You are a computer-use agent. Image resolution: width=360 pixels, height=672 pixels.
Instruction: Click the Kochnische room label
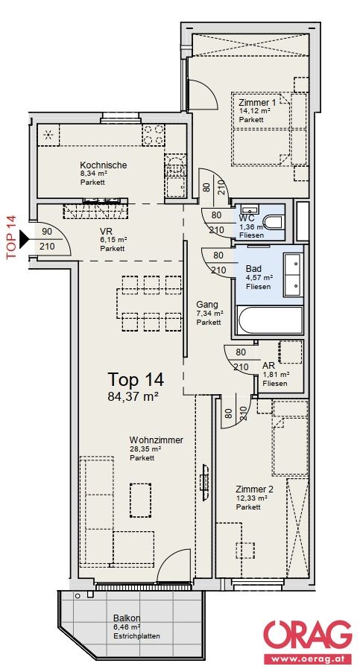click(104, 165)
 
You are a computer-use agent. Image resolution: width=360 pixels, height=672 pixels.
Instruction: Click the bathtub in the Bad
click(271, 320)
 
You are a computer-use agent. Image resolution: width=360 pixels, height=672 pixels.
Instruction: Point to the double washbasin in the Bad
click(293, 275)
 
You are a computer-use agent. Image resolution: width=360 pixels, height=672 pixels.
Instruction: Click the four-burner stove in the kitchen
click(153, 135)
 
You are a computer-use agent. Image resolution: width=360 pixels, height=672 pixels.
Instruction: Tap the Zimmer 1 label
click(257, 102)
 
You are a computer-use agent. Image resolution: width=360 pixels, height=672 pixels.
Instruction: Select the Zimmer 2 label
click(254, 489)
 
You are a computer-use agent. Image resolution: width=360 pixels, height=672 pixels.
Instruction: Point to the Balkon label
click(127, 618)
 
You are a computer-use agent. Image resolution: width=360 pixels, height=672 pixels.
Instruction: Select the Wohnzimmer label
click(157, 440)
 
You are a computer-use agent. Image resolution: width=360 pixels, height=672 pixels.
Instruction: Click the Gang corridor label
click(207, 305)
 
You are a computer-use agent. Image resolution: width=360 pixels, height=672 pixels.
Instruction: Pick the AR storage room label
click(268, 367)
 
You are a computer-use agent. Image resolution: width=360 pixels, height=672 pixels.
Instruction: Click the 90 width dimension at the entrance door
click(47, 232)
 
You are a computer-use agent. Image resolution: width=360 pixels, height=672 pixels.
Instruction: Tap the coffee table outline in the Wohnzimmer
click(141, 500)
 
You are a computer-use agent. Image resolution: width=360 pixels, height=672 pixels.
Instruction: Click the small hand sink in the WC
click(249, 209)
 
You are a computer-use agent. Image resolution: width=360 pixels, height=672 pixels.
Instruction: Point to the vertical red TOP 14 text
click(11, 237)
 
